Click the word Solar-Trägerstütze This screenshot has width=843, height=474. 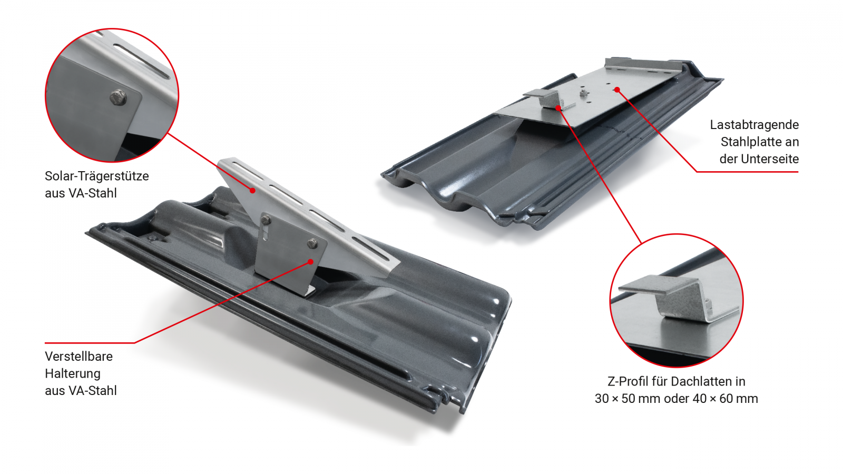click(97, 176)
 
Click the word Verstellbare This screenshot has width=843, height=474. click(79, 356)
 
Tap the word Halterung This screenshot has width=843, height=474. click(73, 373)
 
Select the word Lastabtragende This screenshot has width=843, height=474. click(754, 125)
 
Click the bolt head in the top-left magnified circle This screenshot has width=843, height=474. click(118, 97)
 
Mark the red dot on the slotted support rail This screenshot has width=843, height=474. click(253, 191)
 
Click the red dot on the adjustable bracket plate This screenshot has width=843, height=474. click(311, 262)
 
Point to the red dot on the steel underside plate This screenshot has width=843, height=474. click(617, 90)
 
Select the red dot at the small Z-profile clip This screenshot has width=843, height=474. click(558, 108)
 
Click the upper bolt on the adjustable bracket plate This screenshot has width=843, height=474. click(266, 219)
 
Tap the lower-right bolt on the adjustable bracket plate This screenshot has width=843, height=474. click(312, 243)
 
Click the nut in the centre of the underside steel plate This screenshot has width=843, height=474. click(584, 92)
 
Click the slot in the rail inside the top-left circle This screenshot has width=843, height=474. click(142, 62)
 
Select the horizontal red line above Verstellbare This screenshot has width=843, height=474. click(90, 343)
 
